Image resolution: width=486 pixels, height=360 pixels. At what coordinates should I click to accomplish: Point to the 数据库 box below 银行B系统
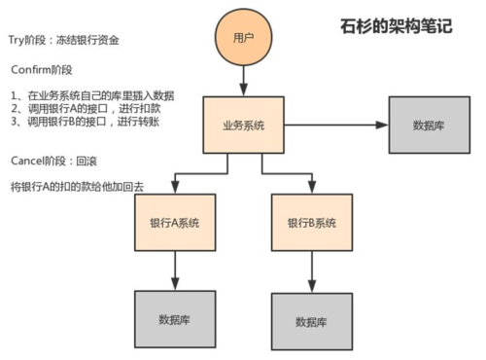(311, 321)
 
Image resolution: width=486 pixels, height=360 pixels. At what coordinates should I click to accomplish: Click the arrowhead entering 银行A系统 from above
(175, 189)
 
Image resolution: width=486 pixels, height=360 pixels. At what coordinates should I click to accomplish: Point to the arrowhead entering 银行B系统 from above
(311, 189)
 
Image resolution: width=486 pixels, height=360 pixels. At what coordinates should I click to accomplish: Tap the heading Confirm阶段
(43, 72)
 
